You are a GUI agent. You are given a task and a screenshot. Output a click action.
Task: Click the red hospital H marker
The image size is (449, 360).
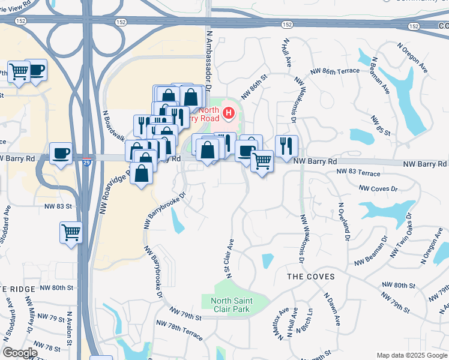click(x=228, y=112)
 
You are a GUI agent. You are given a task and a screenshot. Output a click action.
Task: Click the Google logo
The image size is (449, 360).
click(x=20, y=353)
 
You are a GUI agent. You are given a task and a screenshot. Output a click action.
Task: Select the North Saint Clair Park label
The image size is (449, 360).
click(x=232, y=305)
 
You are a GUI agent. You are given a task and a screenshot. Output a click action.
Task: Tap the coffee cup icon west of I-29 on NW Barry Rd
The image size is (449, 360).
click(x=61, y=153)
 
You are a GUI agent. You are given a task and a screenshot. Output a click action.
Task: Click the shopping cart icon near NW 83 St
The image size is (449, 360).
click(x=71, y=231)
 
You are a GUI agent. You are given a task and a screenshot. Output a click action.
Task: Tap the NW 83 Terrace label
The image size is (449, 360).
click(x=358, y=173)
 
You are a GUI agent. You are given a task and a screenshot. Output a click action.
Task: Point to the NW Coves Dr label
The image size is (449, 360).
click(x=378, y=188)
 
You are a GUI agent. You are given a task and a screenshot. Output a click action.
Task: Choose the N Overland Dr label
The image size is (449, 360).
click(x=343, y=221)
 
